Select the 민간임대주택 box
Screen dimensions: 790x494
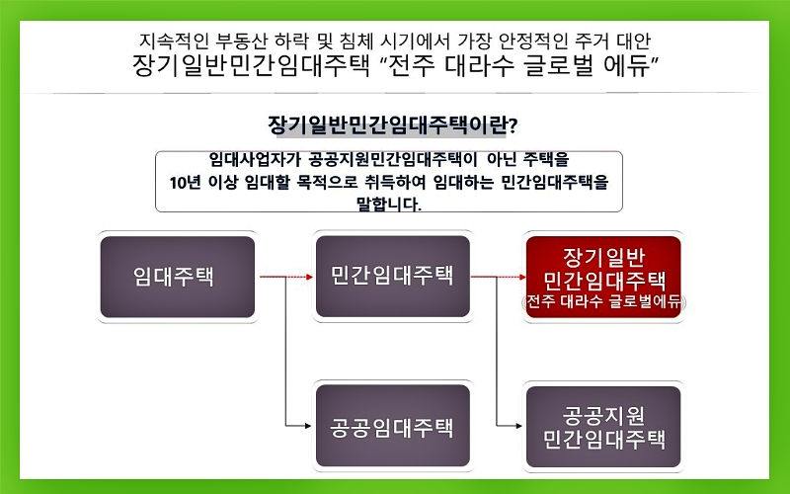tap(392, 277)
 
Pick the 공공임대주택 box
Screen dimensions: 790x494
tap(392, 428)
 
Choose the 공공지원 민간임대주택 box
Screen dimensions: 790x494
tap(603, 428)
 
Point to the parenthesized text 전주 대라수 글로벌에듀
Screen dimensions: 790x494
tap(603, 302)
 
